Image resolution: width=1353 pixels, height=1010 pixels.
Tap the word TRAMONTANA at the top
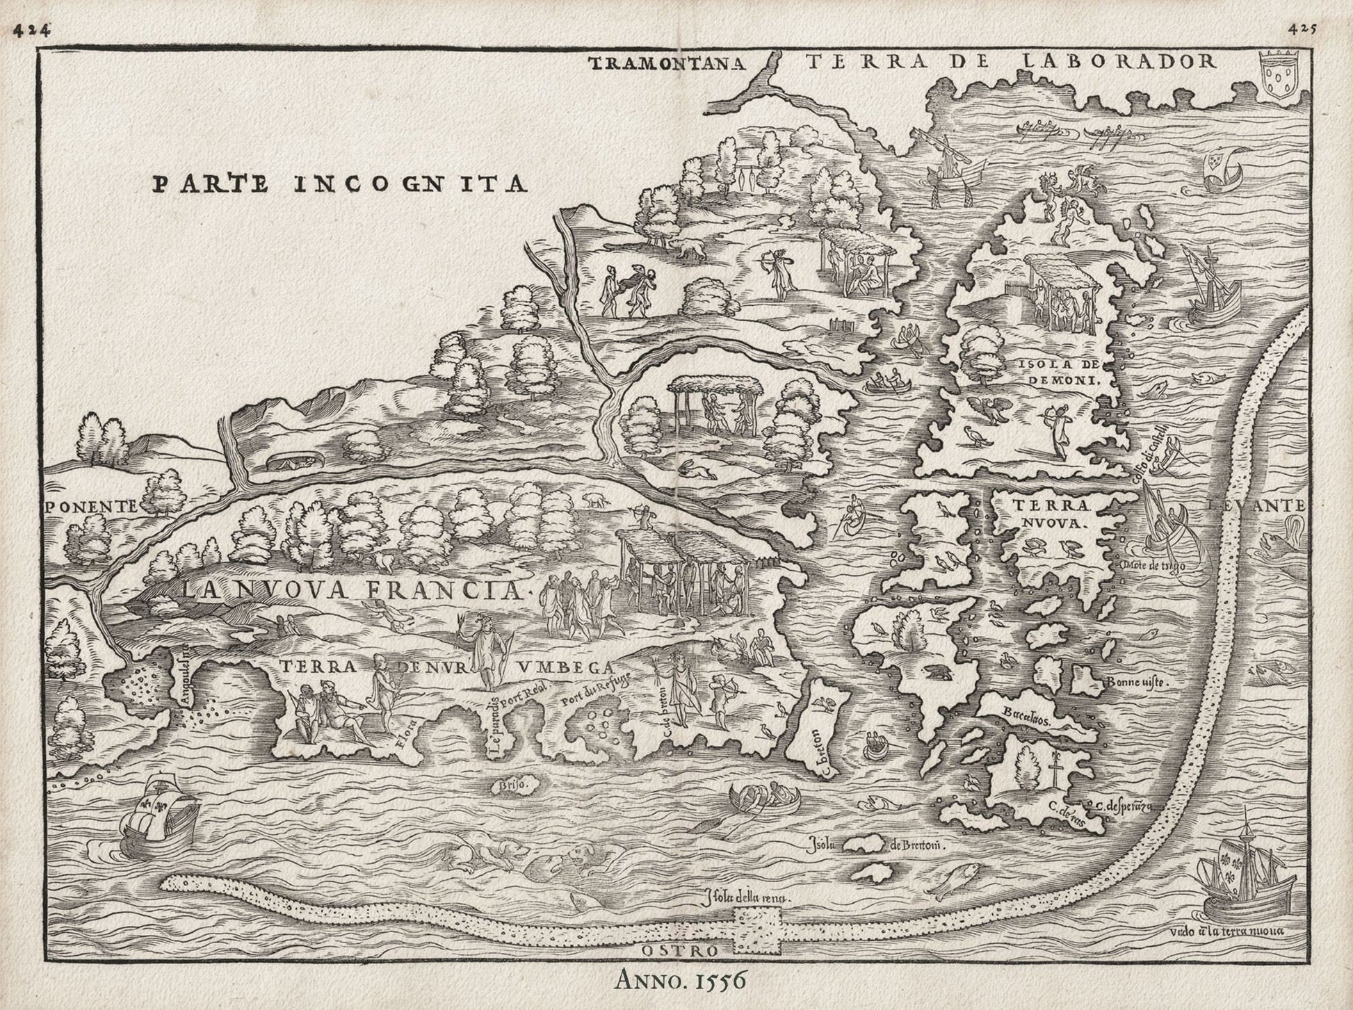pyautogui.click(x=667, y=64)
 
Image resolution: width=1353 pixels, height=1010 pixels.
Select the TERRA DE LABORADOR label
pyautogui.click(x=1012, y=62)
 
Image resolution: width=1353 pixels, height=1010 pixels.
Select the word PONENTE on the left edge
pyautogui.click(x=90, y=506)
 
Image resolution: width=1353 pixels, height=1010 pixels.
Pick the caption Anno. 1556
pyautogui.click(x=680, y=979)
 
